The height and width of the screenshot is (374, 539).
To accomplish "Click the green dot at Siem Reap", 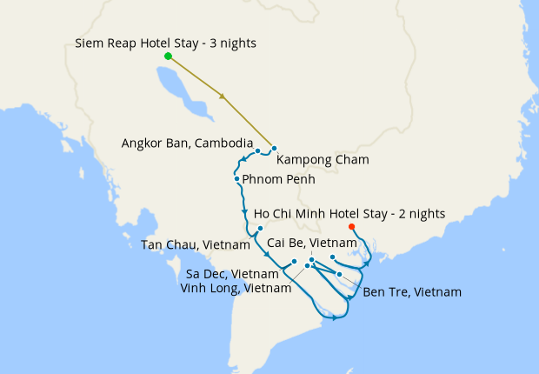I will (168, 57).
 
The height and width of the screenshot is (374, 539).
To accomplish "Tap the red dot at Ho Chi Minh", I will (351, 227).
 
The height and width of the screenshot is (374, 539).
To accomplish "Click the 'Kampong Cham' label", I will (323, 160).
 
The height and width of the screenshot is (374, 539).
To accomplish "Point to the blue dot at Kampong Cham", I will (274, 149).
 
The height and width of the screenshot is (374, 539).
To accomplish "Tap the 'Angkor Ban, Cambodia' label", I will (188, 143).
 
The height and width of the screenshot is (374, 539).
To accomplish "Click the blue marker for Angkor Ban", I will (258, 151).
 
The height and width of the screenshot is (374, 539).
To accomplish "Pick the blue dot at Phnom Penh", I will (236, 179).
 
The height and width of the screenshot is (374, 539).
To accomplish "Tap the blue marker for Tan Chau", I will (260, 229).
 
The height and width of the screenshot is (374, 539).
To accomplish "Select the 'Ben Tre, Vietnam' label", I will (412, 291).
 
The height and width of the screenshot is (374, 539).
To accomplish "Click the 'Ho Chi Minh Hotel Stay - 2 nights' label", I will (349, 213).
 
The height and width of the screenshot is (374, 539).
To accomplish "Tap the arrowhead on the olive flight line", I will (224, 97).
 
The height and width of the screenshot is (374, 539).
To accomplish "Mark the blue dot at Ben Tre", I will (339, 274).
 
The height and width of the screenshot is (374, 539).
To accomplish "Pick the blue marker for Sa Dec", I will (294, 261).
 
